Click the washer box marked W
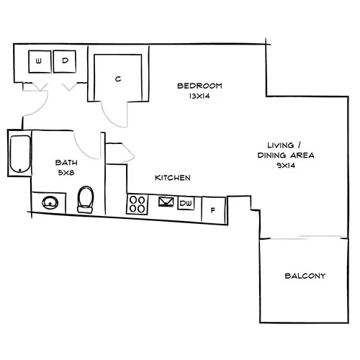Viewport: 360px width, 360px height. (x=38, y=61)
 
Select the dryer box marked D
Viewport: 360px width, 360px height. (x=64, y=61)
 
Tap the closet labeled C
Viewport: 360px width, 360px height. (x=117, y=78)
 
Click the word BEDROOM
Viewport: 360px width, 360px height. (x=199, y=86)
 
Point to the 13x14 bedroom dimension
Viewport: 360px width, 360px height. (x=199, y=96)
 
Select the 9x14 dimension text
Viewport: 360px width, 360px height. (x=286, y=165)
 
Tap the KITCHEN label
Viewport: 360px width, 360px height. (x=173, y=177)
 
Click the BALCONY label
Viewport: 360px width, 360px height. (x=305, y=276)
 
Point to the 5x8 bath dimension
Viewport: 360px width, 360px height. (x=66, y=173)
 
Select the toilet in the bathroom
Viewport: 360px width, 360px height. (x=85, y=198)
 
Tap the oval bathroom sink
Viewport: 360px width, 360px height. (x=50, y=203)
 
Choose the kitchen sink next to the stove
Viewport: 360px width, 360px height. (x=166, y=202)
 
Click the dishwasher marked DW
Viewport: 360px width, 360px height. (x=186, y=203)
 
